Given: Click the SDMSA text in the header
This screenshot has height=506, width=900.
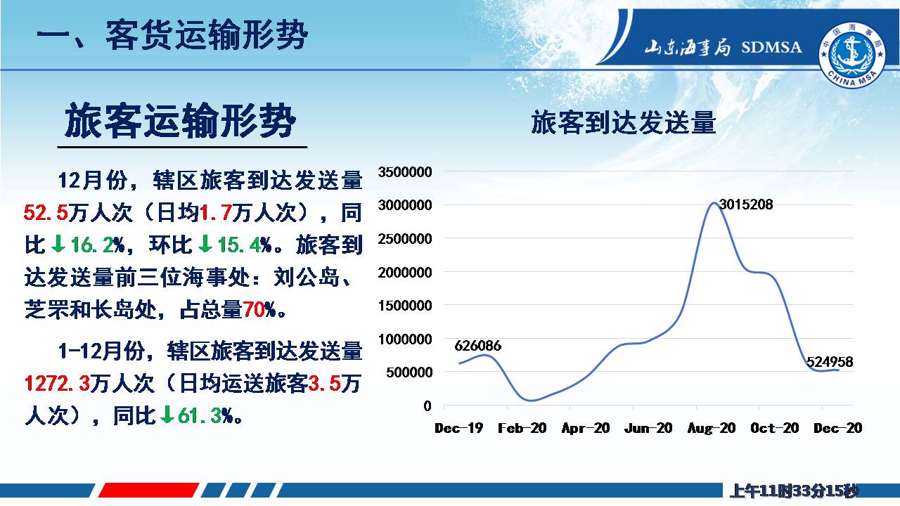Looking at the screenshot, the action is click(x=771, y=47).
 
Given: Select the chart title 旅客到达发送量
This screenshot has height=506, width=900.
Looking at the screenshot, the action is click(x=624, y=122).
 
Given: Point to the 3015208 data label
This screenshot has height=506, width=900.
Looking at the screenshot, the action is click(x=746, y=205).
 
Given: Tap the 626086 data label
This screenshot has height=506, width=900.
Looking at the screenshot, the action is click(x=477, y=346).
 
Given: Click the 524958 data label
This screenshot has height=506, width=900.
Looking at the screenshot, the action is click(x=830, y=362).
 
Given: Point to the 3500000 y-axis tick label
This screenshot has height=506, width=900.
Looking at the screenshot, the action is click(x=404, y=172).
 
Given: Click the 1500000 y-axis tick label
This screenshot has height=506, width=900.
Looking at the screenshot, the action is click(x=404, y=306).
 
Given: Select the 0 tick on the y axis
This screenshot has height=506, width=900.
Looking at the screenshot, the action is click(x=427, y=406).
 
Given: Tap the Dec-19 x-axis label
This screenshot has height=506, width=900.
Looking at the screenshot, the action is click(x=459, y=428).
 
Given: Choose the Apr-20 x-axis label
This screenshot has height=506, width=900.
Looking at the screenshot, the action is click(x=586, y=428).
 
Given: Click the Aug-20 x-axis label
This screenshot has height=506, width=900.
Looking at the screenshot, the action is click(x=712, y=428).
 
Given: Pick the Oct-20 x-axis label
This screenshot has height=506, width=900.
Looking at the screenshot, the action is click(x=775, y=428).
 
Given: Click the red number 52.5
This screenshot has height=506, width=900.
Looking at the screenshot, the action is click(x=46, y=212).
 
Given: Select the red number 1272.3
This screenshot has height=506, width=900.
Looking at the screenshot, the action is click(x=57, y=384).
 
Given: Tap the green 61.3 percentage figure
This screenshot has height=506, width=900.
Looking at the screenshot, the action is click(x=200, y=416).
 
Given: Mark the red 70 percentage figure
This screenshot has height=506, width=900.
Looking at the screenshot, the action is click(x=254, y=310).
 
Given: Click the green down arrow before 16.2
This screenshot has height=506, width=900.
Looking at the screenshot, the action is click(x=58, y=244).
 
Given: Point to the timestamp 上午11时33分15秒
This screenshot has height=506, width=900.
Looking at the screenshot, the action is click(x=794, y=491).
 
